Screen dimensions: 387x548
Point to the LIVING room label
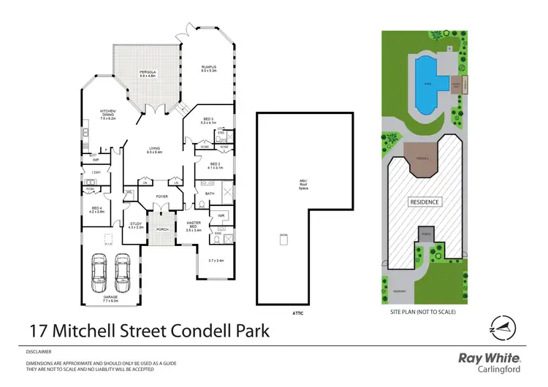point(153,150)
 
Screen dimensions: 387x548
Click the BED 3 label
point(208,120)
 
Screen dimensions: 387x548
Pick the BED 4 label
point(96,210)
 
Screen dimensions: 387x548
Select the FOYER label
point(161,196)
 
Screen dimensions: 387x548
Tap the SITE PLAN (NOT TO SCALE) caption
point(424,313)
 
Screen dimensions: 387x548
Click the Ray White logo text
point(489,357)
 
